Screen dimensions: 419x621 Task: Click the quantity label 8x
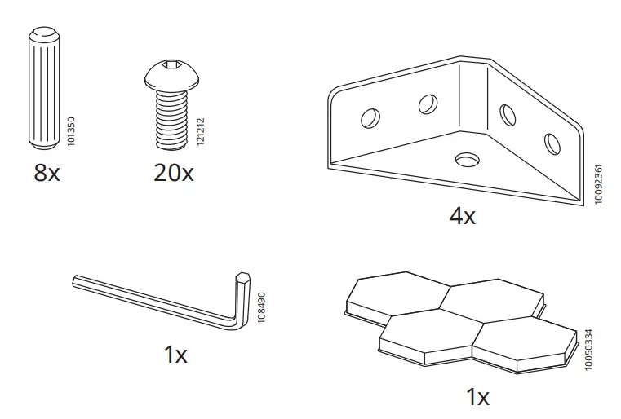coord(47,173)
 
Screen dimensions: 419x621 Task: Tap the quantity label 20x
coord(173,173)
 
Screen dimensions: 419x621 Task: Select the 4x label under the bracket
coord(462,216)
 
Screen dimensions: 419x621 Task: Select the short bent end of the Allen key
coord(242,298)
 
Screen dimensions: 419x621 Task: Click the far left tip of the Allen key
coord(75,281)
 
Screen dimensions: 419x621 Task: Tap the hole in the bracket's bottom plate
coord(468,157)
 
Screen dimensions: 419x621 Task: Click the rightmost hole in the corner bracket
coord(552,143)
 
